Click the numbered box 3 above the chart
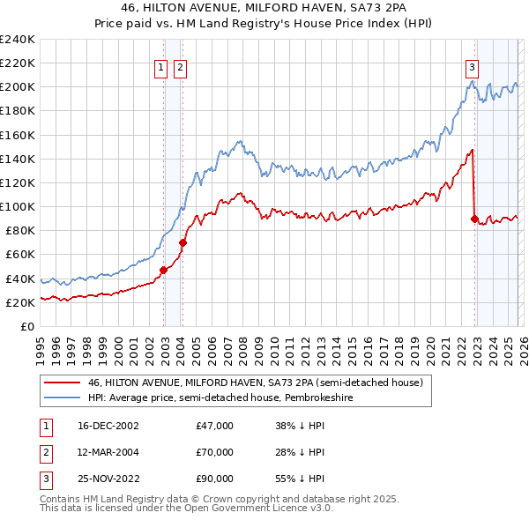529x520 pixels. pyautogui.click(x=472, y=66)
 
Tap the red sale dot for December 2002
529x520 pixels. pyautogui.click(x=164, y=270)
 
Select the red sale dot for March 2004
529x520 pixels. pyautogui.click(x=183, y=242)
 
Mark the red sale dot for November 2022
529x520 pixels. pyautogui.click(x=475, y=219)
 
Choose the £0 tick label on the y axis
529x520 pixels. pyautogui.click(x=26, y=326)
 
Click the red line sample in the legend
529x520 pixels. pyautogui.click(x=62, y=383)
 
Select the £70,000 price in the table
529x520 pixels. pyautogui.click(x=215, y=452)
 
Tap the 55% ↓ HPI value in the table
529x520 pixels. pyautogui.click(x=301, y=479)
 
